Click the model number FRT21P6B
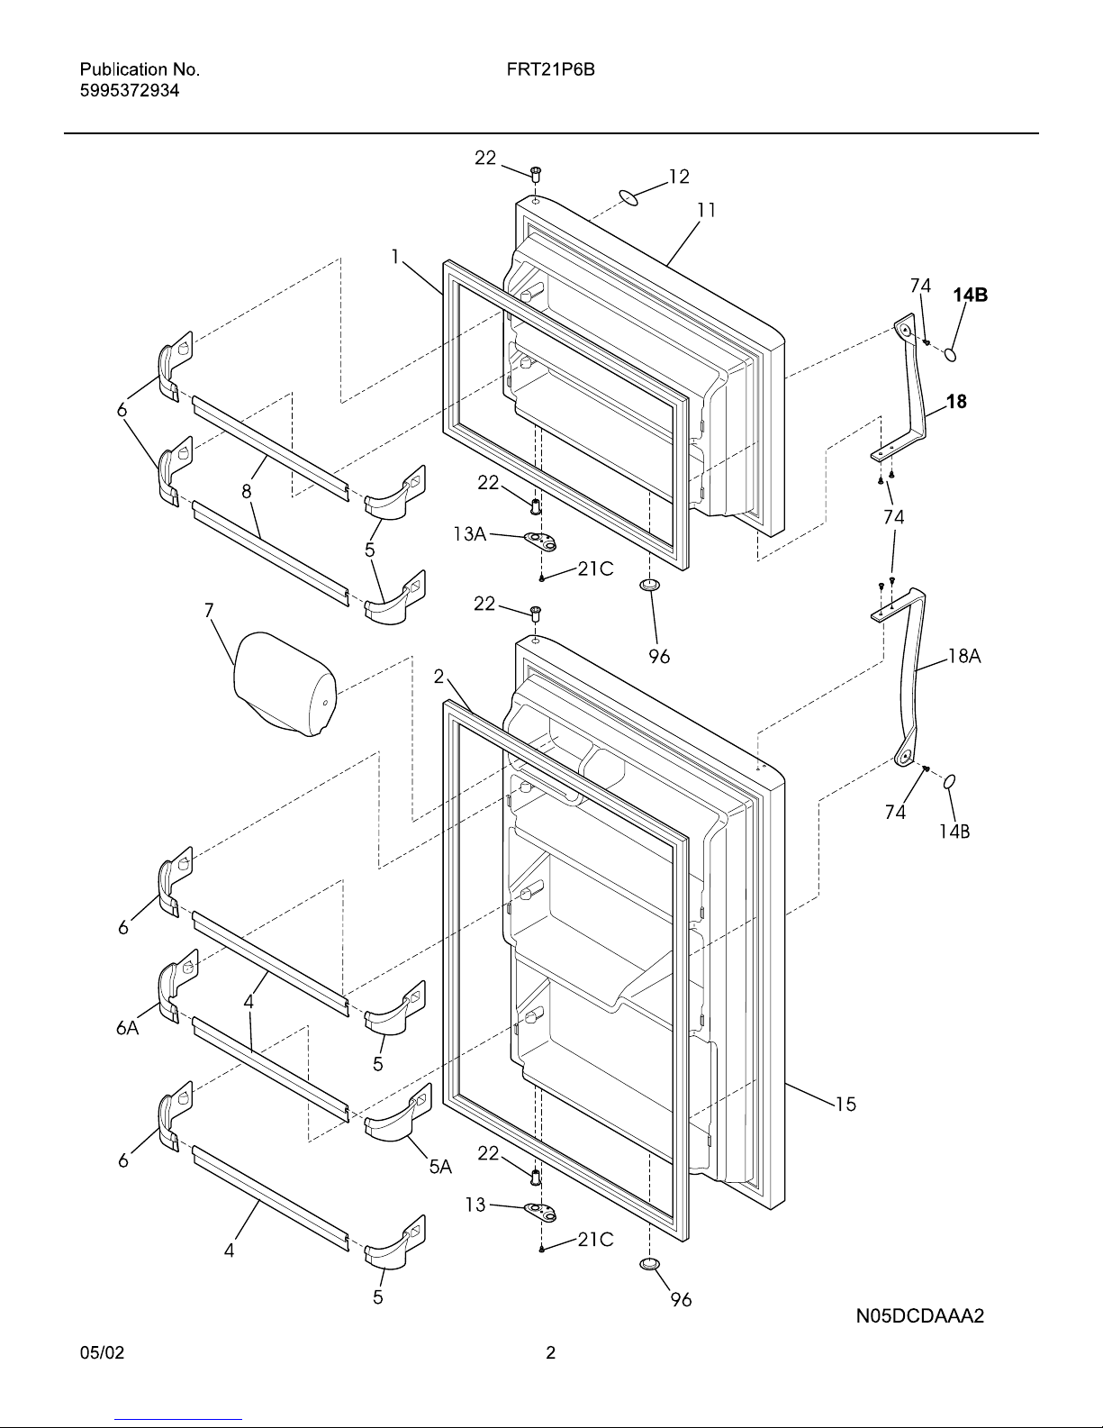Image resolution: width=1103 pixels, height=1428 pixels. pos(550,69)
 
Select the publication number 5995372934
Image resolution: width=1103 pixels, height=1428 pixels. pos(130,91)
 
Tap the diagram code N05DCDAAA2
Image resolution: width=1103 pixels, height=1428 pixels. pos(920,1315)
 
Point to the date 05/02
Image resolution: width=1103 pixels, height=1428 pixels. pos(102,1352)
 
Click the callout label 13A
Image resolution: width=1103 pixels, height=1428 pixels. pos(469,534)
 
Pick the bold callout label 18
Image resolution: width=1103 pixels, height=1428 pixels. pos(956,401)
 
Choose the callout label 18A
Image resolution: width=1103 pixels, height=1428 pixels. pos(964,655)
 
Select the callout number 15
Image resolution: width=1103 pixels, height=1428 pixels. pos(845,1104)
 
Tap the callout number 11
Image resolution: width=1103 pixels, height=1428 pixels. pos(707,210)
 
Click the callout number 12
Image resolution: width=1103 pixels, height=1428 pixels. pos(679,176)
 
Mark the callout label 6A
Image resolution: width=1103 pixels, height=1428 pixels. pos(127,1027)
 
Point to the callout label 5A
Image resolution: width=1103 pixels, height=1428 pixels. pos(440,1167)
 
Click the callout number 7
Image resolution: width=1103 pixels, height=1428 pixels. pos(209,611)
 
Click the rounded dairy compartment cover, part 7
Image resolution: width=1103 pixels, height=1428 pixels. pos(285,684)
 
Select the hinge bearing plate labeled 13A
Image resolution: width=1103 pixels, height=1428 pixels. pos(539,541)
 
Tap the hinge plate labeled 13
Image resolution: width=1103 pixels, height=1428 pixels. pos(539,1213)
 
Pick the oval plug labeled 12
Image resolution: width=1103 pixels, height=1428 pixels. pos(628,198)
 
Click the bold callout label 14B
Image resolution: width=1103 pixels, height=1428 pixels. pos(971,296)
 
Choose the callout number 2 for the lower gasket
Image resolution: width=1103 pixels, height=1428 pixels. pos(438,677)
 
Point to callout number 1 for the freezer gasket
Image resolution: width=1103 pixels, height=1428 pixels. pos(395,256)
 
